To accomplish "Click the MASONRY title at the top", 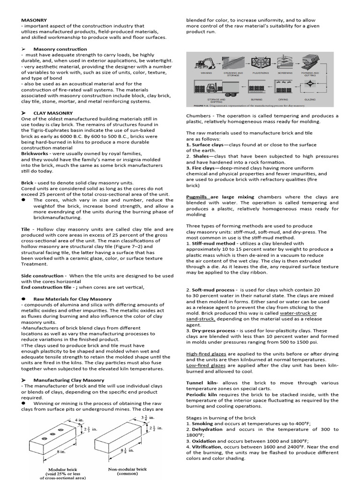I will click(x=33, y=20).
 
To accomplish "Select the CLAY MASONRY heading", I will click(x=53, y=113).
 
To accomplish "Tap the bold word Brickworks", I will click(x=37, y=153).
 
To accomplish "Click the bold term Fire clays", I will click(x=202, y=167).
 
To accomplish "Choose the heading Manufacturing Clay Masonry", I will click(x=69, y=380).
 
